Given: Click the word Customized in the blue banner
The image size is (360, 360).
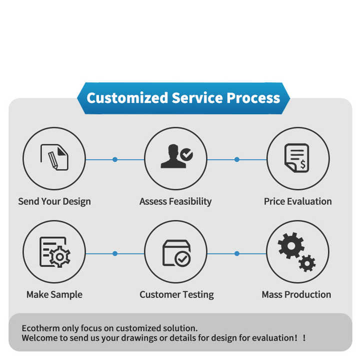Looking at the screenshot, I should click(x=127, y=97).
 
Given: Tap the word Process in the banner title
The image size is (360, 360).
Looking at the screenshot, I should click(x=253, y=97).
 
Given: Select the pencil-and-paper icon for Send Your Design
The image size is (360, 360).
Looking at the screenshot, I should click(x=54, y=158).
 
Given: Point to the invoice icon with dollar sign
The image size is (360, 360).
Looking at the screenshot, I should click(x=297, y=158).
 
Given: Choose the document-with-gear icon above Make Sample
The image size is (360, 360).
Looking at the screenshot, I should click(x=54, y=252).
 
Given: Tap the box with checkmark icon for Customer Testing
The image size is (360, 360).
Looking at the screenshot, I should click(x=176, y=253).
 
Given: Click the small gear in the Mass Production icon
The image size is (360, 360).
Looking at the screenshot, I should click(x=306, y=262).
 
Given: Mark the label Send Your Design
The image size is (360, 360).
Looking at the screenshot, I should click(x=54, y=201).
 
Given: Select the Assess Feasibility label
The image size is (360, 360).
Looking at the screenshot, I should click(x=175, y=201).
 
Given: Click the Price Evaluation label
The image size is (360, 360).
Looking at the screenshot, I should click(x=297, y=201).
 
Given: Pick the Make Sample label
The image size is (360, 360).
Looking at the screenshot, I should click(x=54, y=294).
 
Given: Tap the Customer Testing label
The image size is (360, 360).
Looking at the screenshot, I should click(x=176, y=294).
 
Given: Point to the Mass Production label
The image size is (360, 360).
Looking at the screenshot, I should click(x=296, y=294).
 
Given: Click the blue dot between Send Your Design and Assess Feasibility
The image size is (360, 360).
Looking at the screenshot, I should click(x=115, y=159).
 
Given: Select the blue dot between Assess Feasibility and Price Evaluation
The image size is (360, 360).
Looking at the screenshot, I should click(x=237, y=159).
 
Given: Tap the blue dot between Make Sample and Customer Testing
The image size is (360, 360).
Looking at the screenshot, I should click(x=115, y=253).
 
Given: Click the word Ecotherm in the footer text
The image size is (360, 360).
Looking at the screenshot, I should click(x=41, y=328).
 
